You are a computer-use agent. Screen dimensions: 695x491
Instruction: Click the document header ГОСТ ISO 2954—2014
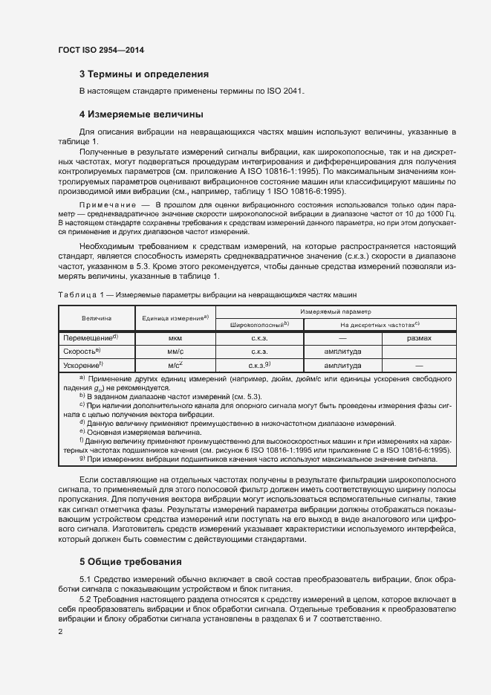(x=100, y=50)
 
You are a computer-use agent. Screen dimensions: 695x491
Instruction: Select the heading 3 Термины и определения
(x=143, y=74)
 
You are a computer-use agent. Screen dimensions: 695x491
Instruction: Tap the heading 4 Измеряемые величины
(x=141, y=114)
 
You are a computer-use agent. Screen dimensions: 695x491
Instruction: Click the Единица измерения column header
(x=174, y=317)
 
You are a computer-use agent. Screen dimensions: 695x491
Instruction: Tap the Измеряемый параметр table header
(x=336, y=311)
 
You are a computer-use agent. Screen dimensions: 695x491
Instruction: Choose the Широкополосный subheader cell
(x=259, y=324)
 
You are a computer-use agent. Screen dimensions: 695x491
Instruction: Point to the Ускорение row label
(x=82, y=365)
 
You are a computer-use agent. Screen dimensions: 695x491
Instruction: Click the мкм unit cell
(x=175, y=337)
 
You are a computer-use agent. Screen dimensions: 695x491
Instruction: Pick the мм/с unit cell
(x=175, y=352)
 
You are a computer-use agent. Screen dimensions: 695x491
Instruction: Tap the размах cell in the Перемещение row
(x=419, y=337)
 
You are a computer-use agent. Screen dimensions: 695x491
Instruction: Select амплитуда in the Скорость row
(x=342, y=352)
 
